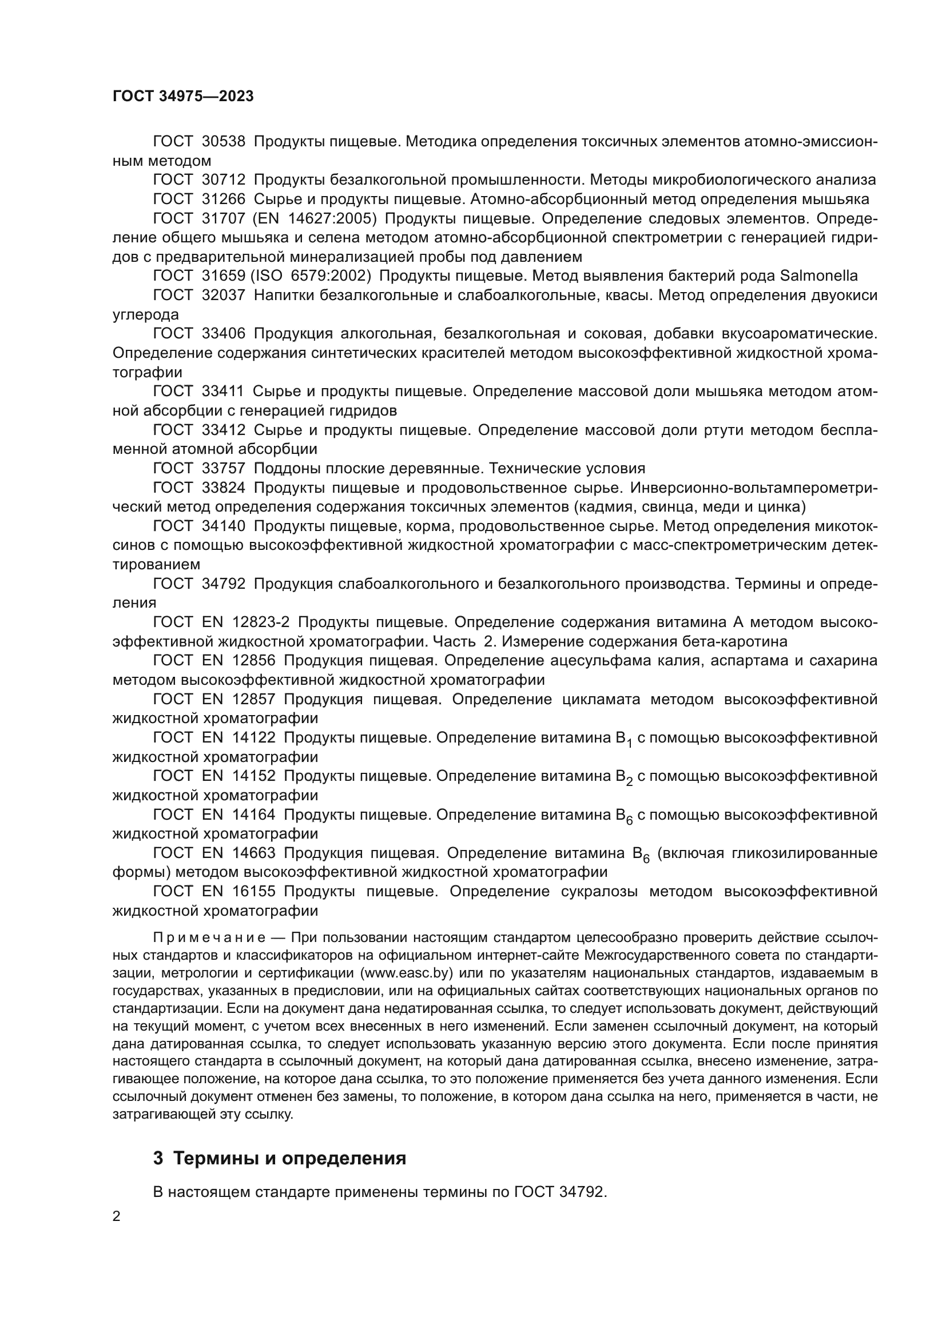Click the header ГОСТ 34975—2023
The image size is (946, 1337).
pos(183,97)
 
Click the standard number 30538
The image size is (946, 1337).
pos(223,142)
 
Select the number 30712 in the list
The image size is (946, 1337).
pos(223,180)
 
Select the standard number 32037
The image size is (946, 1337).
pos(223,295)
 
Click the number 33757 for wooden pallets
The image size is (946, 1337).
pos(223,468)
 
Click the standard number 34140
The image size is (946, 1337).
pos(223,526)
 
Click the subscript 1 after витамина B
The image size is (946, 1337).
pos(629,742)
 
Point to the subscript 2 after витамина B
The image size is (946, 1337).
pos(629,780)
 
